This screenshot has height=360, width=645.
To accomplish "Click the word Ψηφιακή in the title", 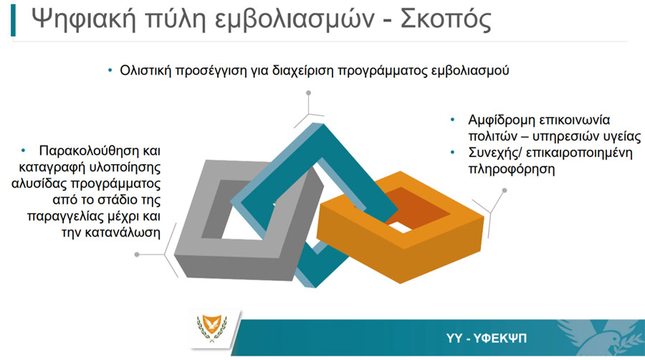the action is tap(84, 19).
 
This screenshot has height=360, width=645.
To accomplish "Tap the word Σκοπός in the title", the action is tap(446, 19).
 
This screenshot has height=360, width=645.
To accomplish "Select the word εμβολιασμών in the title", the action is tap(295, 20).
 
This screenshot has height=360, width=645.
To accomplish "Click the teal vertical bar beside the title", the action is tap(13, 20).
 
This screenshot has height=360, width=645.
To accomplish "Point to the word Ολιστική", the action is tap(145, 70).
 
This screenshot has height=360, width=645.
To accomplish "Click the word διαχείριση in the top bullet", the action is tap(302, 71).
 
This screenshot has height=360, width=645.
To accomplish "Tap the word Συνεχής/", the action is tap(495, 153).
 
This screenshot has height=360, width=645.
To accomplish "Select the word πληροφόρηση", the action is tap(511, 169).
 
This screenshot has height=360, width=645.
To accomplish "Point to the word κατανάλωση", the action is tap(110, 232).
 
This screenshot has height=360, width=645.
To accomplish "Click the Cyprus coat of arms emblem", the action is tap(212, 328).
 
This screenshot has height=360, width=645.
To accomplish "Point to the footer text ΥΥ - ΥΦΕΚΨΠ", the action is tap(486, 338).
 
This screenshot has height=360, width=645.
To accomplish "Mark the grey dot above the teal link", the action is tap(308, 93).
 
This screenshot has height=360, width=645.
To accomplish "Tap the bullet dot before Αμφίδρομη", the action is tap(452, 120).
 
